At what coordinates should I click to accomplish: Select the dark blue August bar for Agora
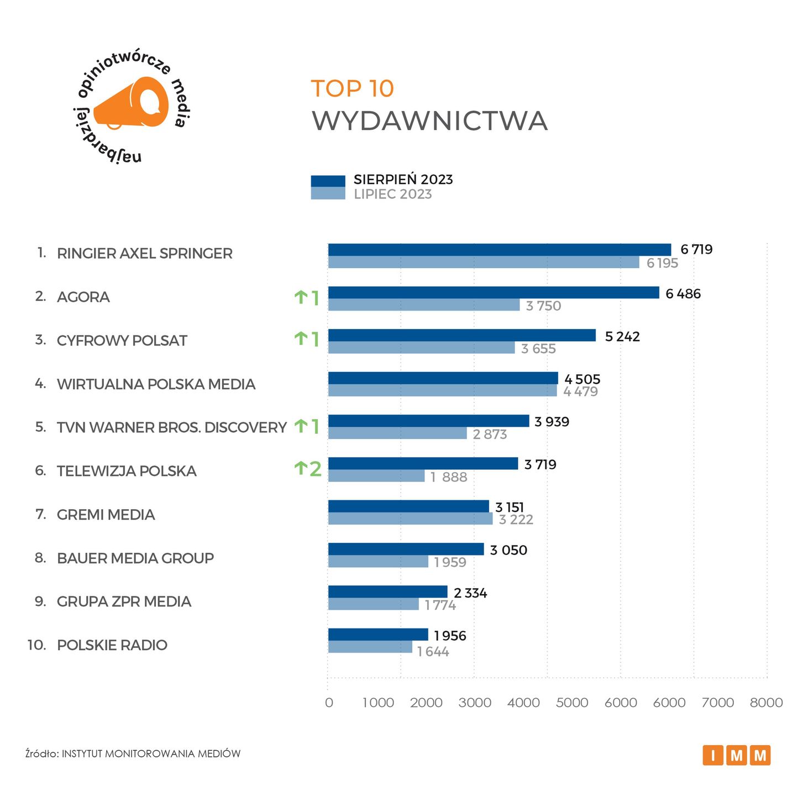493,292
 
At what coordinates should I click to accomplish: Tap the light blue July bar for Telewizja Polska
376,476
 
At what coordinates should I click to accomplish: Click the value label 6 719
696,249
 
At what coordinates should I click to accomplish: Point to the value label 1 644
433,652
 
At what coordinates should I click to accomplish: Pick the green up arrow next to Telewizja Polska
301,469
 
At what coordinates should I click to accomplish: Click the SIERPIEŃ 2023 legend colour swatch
328,181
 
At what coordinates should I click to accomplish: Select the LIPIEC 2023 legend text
392,194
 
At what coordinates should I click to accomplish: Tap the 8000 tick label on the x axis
765,703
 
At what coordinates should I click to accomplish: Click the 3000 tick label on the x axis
475,703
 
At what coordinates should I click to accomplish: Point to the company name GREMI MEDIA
106,515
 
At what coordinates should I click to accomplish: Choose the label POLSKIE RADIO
112,645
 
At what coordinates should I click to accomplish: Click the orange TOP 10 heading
352,88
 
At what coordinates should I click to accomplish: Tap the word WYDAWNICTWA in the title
429,121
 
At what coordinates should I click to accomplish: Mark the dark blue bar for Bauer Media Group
406,549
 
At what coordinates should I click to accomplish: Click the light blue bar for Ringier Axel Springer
483,262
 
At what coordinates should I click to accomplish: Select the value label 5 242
622,336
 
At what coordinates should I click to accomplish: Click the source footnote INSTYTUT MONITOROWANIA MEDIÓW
151,753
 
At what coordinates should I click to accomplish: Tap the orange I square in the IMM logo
713,755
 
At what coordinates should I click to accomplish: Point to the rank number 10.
36,645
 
